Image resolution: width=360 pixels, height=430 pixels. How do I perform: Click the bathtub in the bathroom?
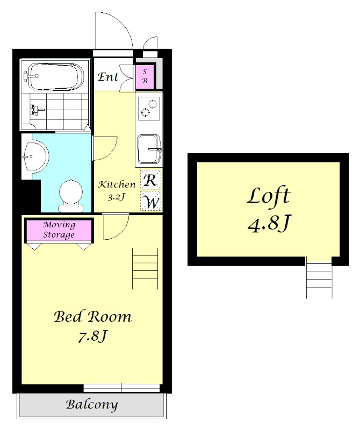(56, 76)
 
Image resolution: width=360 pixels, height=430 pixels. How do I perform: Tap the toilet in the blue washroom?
(71, 196)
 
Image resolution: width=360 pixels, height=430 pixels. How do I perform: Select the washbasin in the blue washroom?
(35, 157)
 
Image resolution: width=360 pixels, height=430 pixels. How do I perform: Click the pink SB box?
(145, 76)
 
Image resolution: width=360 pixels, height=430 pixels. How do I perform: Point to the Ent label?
(108, 76)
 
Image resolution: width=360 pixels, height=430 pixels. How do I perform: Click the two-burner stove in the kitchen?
(149, 109)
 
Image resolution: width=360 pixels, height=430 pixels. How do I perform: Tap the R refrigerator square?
(150, 180)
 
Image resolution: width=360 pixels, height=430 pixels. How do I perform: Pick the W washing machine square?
(150, 201)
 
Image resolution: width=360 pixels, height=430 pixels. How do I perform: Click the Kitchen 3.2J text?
(117, 190)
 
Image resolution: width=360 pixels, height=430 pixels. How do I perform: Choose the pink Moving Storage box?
(59, 231)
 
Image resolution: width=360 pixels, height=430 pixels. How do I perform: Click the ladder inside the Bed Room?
(145, 269)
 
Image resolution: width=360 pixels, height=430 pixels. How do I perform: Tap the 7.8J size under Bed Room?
(92, 336)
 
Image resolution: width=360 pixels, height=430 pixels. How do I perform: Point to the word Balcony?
(92, 405)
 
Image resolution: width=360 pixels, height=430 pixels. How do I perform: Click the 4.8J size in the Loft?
(269, 224)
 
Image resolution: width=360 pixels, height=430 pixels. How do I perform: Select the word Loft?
(269, 196)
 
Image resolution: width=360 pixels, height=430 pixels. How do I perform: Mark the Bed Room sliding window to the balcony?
(122, 388)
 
